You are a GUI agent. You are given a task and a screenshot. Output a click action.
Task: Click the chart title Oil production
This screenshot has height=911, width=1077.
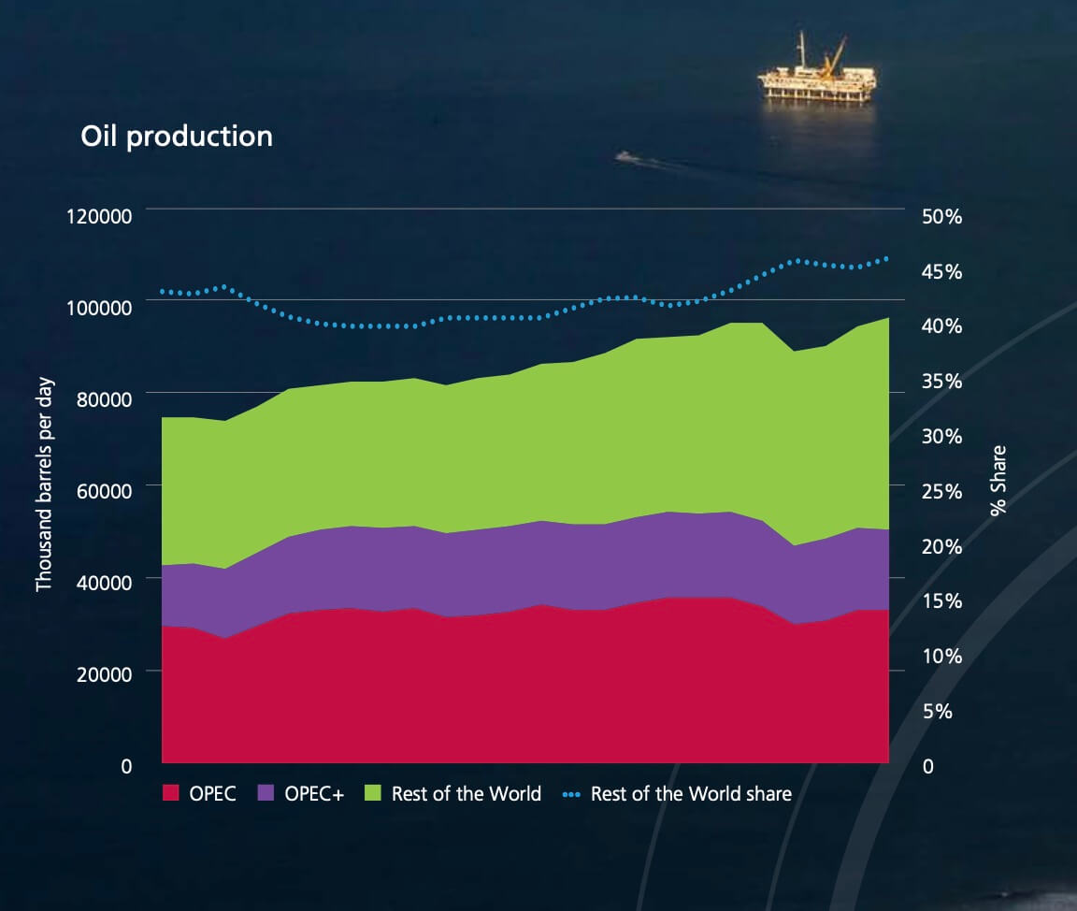[x=177, y=137]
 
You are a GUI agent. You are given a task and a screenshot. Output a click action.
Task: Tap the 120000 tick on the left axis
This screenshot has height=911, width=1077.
[x=99, y=217]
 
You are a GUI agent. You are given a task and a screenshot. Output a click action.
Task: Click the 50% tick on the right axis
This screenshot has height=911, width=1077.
[x=941, y=217]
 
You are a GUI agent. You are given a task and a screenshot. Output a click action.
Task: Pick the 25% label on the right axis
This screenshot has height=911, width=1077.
[x=941, y=491]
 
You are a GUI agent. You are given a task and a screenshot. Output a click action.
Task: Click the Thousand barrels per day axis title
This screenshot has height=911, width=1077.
[x=44, y=484]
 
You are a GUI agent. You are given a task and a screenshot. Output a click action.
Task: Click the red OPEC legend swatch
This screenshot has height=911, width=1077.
[x=171, y=794]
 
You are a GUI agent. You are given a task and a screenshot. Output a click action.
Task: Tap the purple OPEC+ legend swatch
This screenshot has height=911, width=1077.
[x=266, y=794]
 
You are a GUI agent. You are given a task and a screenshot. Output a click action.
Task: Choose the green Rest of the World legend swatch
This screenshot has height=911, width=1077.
[x=373, y=794]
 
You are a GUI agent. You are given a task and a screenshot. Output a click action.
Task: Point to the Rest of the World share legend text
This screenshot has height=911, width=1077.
[x=691, y=794]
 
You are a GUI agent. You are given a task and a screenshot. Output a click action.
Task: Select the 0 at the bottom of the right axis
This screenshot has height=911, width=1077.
[x=927, y=767]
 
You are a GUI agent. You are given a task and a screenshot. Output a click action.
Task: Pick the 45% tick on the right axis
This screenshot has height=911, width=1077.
[x=941, y=272]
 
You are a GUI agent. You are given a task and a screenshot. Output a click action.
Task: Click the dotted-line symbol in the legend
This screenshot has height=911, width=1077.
[x=571, y=795]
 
